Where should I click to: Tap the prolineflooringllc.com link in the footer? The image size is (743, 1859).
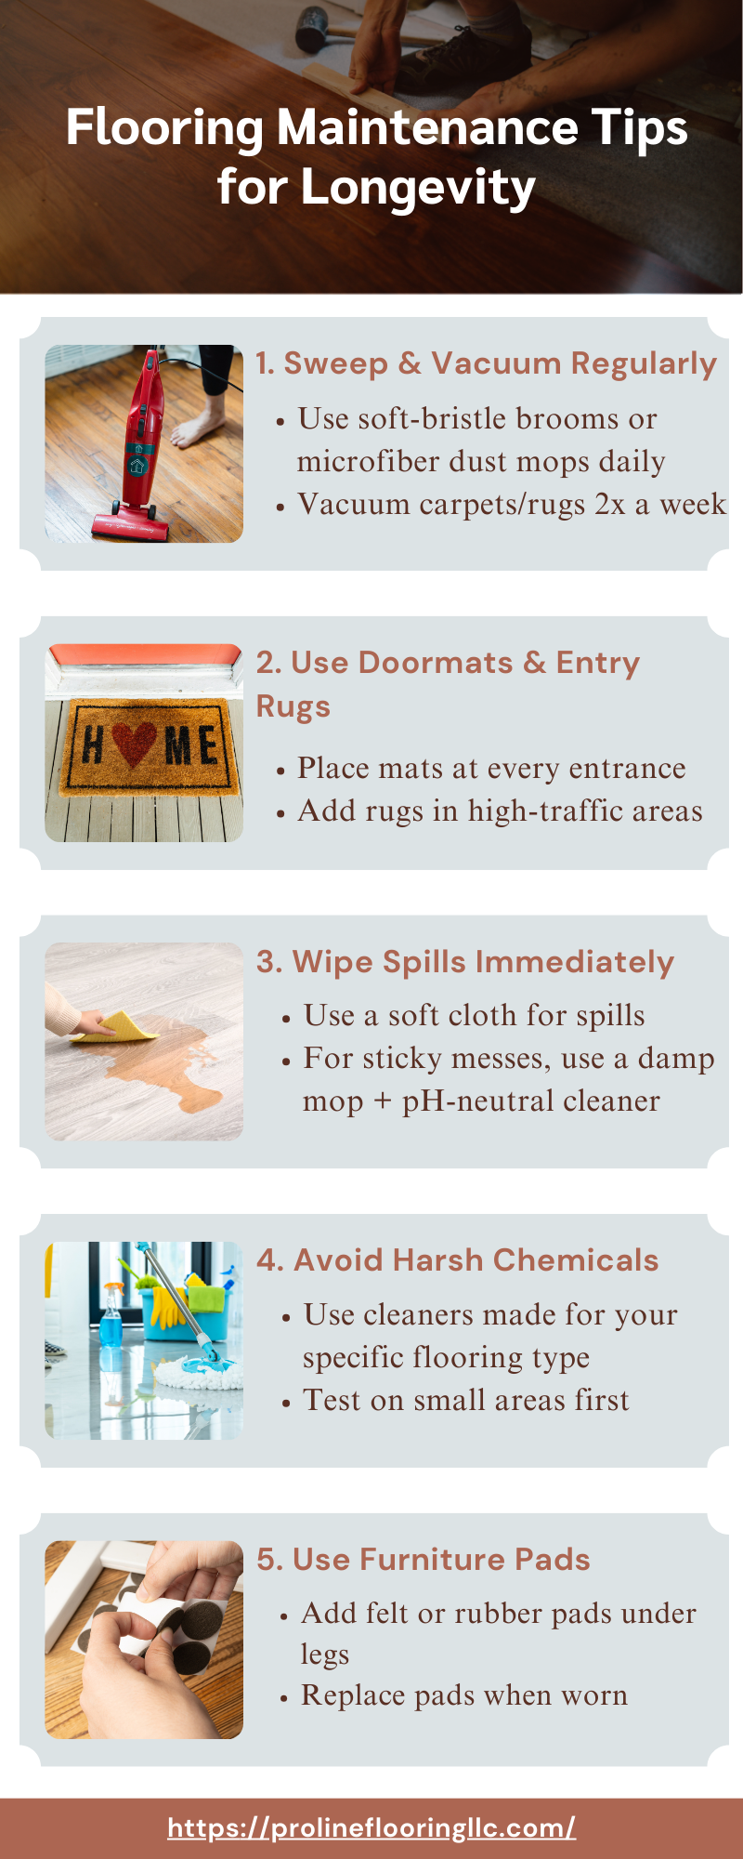[371, 1827]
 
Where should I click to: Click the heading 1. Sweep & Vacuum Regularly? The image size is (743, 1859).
[487, 363]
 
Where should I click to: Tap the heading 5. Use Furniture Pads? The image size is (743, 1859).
[424, 1559]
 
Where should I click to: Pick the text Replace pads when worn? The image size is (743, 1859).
[464, 1695]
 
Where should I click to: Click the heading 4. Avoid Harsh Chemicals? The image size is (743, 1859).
[458, 1259]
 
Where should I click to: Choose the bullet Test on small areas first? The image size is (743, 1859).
[466, 1400]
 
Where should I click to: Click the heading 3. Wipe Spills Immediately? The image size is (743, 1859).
[465, 962]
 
